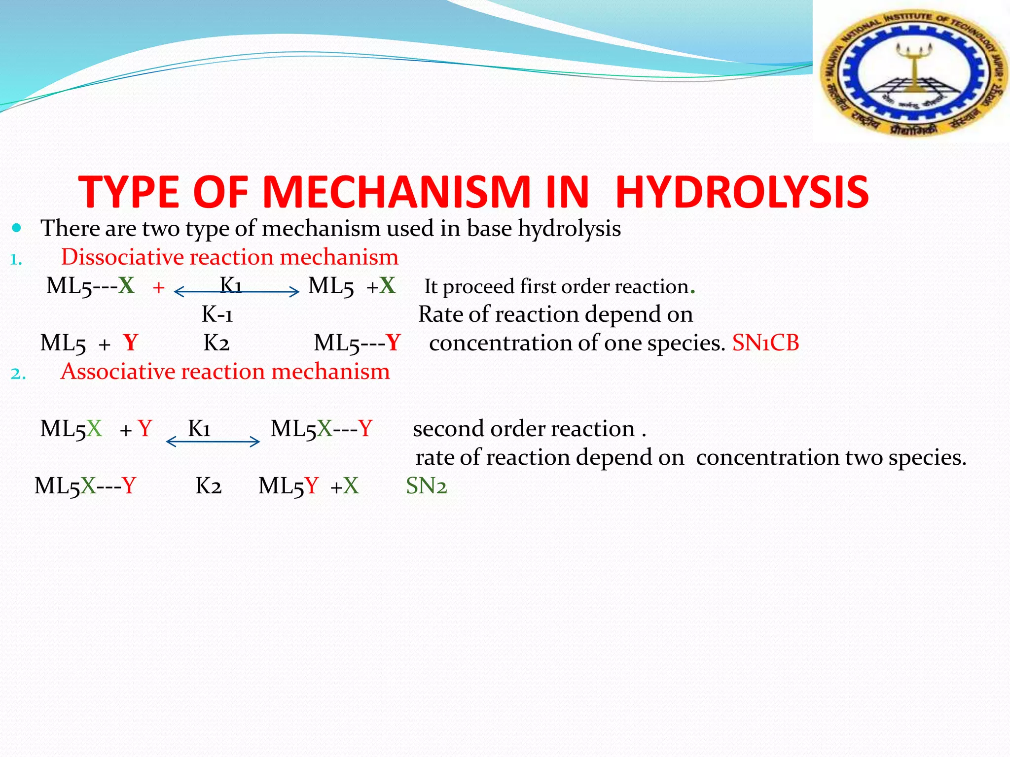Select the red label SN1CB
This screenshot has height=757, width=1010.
(x=765, y=343)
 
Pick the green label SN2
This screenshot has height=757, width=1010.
(x=426, y=486)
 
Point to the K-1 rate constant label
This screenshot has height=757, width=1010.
(x=217, y=314)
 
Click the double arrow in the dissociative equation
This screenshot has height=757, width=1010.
(x=237, y=292)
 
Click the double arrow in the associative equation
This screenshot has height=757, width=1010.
(x=213, y=442)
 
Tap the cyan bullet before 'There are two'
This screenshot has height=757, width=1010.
(x=17, y=228)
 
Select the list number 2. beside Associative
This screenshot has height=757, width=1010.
(x=18, y=374)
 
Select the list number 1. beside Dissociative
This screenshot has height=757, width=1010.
(x=16, y=259)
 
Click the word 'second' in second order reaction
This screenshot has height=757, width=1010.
(x=447, y=429)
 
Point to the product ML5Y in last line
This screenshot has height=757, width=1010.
(x=289, y=486)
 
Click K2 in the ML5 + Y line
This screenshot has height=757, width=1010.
(x=216, y=343)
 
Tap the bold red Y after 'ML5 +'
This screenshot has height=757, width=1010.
(x=131, y=343)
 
